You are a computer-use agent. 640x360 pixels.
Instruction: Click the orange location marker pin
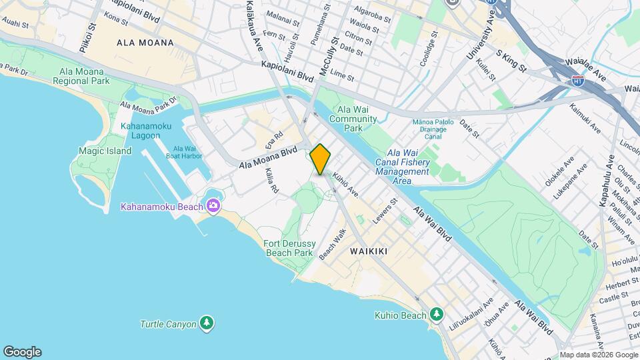pyautogui.click(x=321, y=159)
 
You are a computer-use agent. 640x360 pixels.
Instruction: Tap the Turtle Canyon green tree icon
pyautogui.click(x=207, y=324)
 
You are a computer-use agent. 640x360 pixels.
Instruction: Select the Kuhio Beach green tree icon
pyautogui.click(x=437, y=313)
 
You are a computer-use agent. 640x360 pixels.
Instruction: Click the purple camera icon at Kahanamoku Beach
pyautogui.click(x=213, y=205)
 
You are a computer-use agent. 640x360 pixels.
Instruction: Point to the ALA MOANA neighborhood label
pyautogui.click(x=145, y=43)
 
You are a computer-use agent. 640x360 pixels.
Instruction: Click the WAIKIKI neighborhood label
pyautogui.click(x=369, y=251)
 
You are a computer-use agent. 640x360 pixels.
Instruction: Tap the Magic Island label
pyautogui.click(x=105, y=151)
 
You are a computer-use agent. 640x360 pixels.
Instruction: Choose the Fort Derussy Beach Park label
pyautogui.click(x=289, y=248)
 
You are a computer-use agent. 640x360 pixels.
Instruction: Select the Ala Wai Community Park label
pyautogui.click(x=357, y=119)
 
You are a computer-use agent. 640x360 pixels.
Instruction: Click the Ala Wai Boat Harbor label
pyautogui.click(x=187, y=153)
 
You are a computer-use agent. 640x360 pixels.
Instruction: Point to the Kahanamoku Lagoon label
pyautogui.click(x=141, y=131)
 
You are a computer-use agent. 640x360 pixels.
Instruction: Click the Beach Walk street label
pyautogui.click(x=333, y=245)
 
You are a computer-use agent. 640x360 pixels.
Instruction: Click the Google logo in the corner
pyautogui.click(x=22, y=352)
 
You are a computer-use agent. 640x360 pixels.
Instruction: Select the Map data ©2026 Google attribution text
pyautogui.click(x=598, y=355)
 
